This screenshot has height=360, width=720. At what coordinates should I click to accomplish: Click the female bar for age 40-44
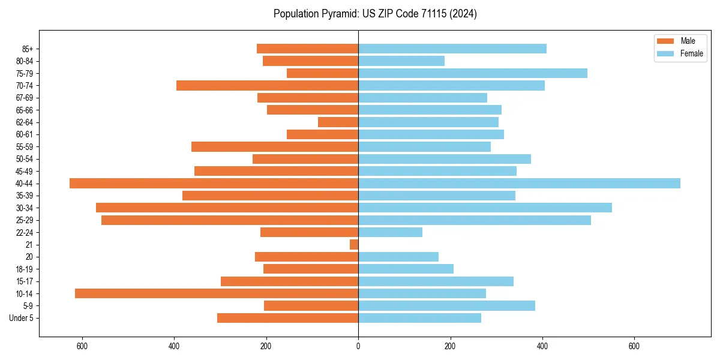click(519, 184)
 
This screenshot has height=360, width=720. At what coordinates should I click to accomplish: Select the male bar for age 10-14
click(217, 293)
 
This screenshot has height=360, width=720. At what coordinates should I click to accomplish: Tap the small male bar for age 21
click(354, 245)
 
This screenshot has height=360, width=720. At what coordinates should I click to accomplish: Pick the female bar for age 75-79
click(473, 73)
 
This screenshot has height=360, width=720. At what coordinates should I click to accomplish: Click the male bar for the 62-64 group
click(338, 122)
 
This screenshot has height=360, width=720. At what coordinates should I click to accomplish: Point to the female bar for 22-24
click(390, 232)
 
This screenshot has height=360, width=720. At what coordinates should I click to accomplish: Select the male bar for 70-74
click(268, 86)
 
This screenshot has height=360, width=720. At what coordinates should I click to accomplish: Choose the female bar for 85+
click(452, 49)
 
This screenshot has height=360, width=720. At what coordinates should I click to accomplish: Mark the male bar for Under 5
click(288, 318)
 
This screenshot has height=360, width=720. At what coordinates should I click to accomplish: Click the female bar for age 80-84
click(401, 61)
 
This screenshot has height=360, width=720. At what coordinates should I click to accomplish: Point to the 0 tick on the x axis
click(358, 346)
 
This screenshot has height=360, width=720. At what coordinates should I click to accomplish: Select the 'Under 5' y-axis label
click(22, 318)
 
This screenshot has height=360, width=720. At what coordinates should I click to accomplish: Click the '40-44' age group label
click(25, 184)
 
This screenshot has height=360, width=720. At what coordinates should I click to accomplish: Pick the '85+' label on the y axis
click(28, 49)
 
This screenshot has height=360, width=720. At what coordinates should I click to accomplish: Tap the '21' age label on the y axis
click(29, 245)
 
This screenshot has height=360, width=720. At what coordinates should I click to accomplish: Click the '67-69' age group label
click(25, 98)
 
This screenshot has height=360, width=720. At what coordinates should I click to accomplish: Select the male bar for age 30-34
click(227, 208)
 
